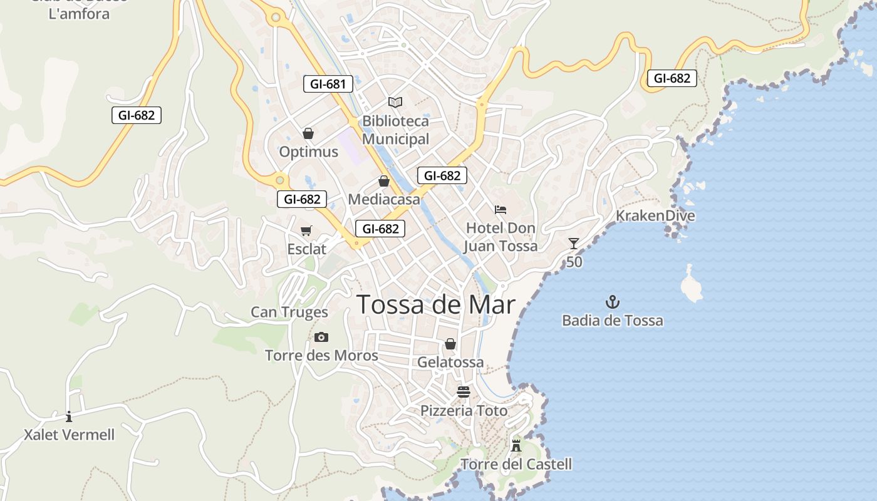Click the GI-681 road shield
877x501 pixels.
click(328, 84)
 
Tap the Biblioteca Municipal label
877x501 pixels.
click(395, 130)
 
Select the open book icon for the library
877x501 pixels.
click(395, 102)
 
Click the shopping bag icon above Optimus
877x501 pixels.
click(308, 133)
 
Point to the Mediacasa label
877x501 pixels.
click(383, 199)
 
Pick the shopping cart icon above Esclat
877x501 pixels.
click(306, 231)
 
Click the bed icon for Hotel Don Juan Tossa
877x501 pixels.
click(500, 210)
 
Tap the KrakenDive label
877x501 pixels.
click(655, 216)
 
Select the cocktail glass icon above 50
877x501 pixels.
click(573, 244)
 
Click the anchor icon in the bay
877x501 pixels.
click(612, 302)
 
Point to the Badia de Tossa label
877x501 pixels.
click(612, 321)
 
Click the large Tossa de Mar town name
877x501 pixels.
click(436, 305)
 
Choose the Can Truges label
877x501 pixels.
click(289, 312)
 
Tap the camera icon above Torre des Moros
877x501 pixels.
click(321, 338)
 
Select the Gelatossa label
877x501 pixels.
click(450, 362)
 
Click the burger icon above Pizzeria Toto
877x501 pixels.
click(464, 392)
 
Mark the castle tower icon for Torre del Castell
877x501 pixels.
click(516, 445)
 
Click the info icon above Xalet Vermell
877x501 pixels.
click(69, 416)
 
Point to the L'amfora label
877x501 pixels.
click(79, 14)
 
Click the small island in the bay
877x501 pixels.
click(692, 284)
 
